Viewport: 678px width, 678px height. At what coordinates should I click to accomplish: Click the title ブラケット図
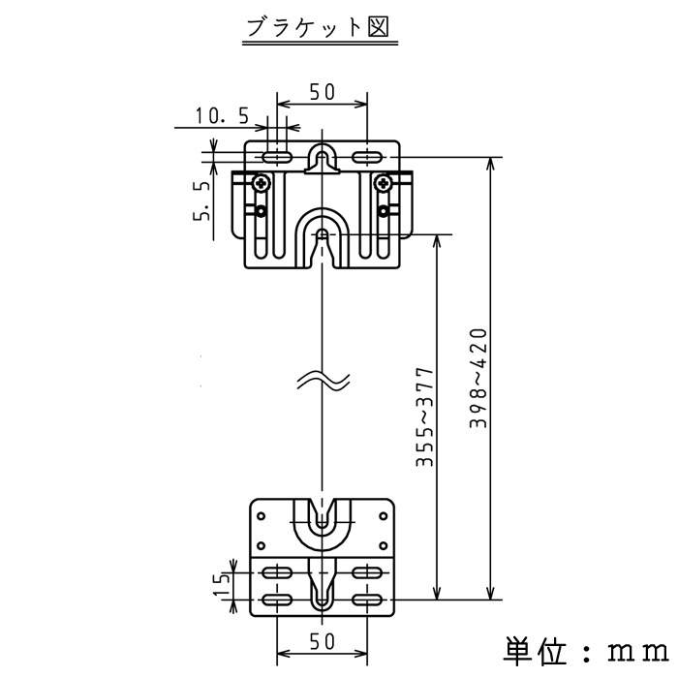click(319, 27)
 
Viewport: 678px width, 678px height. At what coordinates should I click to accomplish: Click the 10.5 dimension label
click(222, 116)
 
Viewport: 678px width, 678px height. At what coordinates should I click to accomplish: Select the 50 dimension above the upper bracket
click(323, 92)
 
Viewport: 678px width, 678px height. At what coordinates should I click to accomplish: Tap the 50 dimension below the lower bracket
click(323, 641)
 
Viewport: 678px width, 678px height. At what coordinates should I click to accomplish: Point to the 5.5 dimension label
click(201, 200)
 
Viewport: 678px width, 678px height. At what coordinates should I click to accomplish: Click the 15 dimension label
click(222, 585)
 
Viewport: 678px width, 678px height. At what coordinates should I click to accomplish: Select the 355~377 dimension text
click(424, 417)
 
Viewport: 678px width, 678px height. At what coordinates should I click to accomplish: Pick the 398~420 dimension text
click(478, 378)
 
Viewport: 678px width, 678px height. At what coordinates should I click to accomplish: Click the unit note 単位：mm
click(586, 650)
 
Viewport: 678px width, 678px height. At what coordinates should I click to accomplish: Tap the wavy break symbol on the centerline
click(323, 381)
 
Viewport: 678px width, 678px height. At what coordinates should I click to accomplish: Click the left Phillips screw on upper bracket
click(262, 184)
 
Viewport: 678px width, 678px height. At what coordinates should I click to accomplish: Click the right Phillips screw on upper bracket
click(384, 184)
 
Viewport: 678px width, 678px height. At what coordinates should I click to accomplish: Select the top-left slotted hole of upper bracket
click(277, 157)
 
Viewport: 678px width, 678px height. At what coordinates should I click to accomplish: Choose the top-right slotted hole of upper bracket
click(367, 157)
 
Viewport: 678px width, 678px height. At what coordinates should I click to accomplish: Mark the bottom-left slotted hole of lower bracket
click(277, 601)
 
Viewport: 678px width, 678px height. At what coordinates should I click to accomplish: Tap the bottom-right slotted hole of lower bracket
click(367, 601)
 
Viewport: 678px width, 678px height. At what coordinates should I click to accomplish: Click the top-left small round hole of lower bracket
click(261, 516)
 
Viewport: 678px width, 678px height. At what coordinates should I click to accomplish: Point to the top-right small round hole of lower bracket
click(384, 516)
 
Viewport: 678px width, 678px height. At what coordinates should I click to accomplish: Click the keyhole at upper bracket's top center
click(323, 159)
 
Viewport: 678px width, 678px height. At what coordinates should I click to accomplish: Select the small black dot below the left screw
click(261, 211)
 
